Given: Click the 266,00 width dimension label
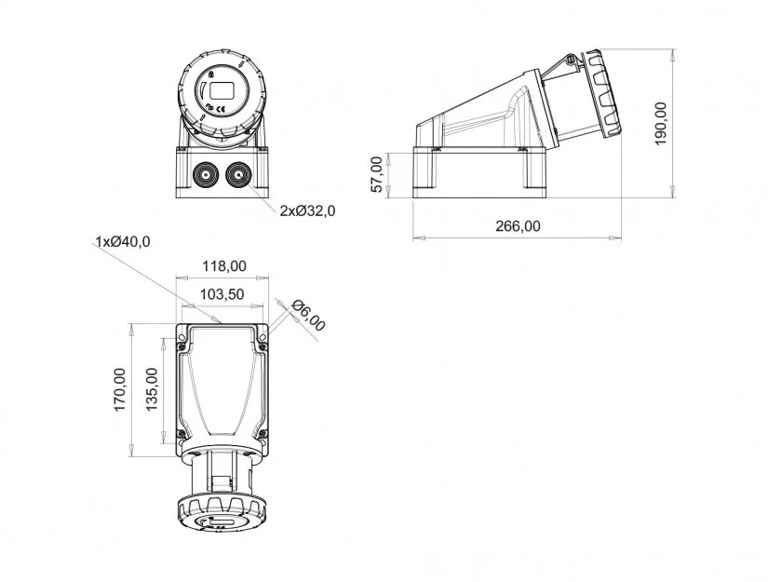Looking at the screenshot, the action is coord(518,226).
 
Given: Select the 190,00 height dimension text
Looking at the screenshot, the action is coord(661,124).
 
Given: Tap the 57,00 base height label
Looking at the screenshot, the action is coord(377,174).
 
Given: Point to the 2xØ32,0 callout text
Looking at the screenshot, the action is coord(307,210).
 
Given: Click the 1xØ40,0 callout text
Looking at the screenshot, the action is coord(123,241).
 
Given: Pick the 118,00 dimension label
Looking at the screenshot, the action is coord(224,266).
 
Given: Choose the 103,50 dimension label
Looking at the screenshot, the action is coord(222,294).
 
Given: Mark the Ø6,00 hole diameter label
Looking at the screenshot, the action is coord(308,315).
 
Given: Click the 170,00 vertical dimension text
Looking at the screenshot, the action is coord(120,389).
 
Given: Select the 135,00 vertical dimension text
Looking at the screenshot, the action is coord(152,389).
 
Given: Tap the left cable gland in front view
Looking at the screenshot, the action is coord(205,175).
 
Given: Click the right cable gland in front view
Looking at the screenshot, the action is coord(238,175).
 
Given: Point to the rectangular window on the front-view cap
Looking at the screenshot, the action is coord(222,91).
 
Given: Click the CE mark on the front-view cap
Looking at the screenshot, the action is coord(221,109).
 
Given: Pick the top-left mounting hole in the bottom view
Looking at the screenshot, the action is coord(182,337).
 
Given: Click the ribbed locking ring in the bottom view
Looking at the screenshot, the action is coord(222,513).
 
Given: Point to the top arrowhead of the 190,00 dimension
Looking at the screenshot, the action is coord(673,54).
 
